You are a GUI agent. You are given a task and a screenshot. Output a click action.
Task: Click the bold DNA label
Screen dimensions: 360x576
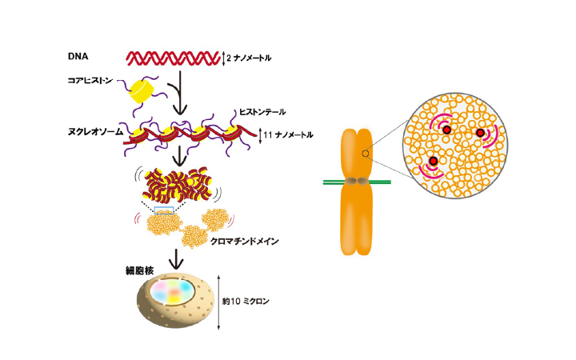click(x=78, y=58)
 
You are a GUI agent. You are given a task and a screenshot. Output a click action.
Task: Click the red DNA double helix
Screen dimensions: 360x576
click(x=172, y=58)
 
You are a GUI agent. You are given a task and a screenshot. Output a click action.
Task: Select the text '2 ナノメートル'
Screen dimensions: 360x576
click(x=250, y=58)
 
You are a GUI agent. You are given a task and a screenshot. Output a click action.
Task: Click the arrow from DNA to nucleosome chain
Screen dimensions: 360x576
click(x=182, y=94)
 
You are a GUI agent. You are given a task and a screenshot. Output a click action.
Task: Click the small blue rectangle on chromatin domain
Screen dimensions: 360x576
click(x=165, y=210)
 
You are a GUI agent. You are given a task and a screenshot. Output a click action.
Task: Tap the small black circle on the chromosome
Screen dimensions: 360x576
click(x=365, y=153)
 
